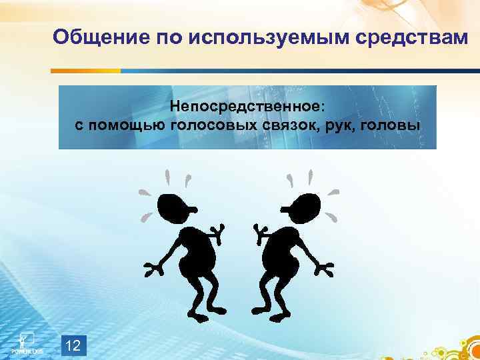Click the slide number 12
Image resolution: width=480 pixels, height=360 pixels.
click(x=75, y=345)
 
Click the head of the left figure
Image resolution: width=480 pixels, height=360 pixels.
click(x=175, y=208)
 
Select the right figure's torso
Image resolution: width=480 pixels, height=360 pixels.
click(x=283, y=253)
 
